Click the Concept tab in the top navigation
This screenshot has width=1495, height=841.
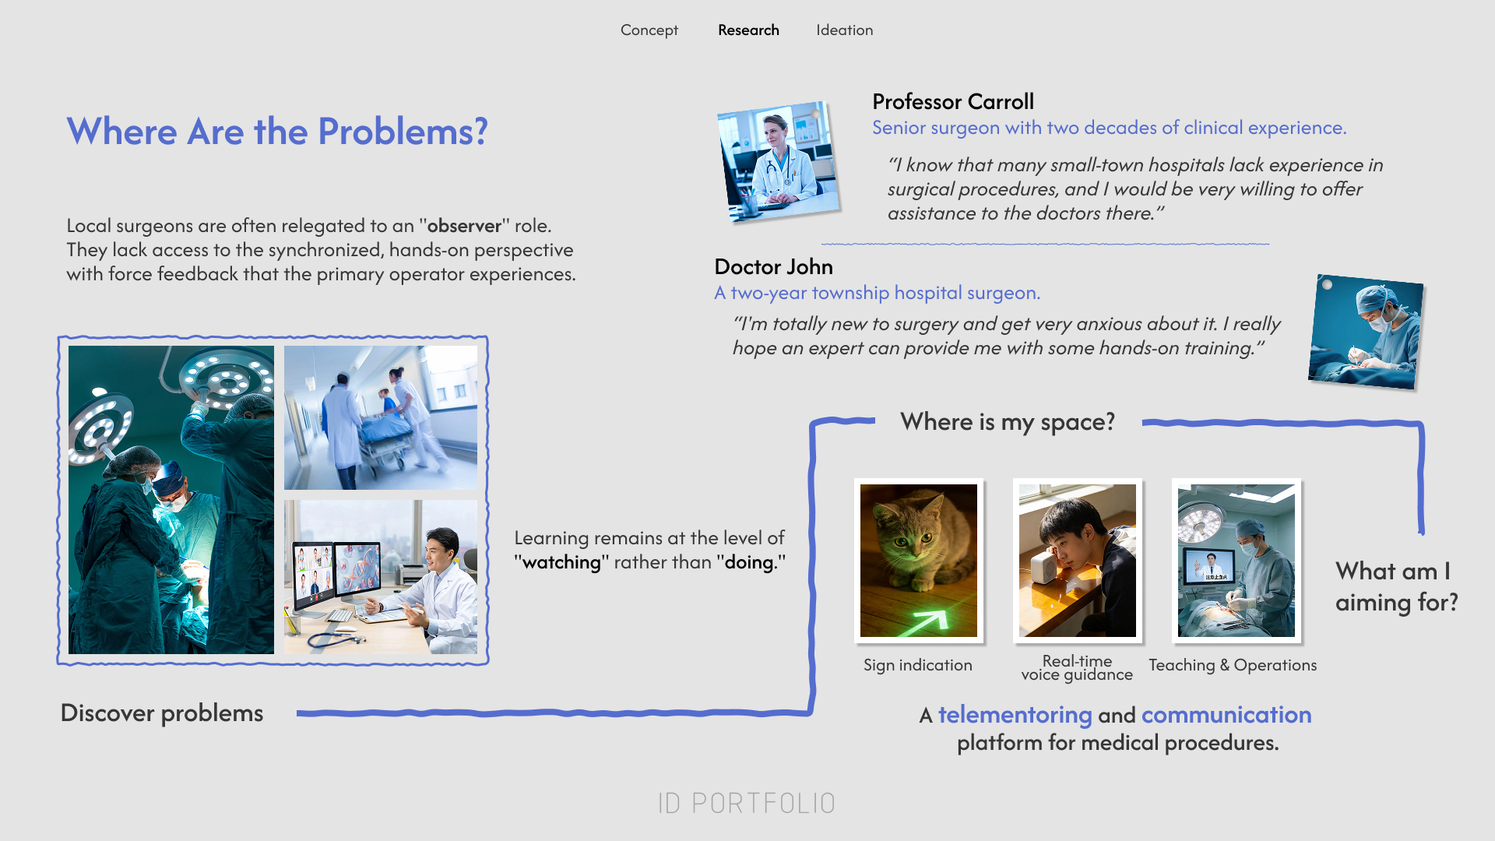(649, 30)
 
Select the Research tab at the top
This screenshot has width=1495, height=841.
(748, 30)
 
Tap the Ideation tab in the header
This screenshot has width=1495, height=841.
(845, 30)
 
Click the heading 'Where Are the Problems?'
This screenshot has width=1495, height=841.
(277, 132)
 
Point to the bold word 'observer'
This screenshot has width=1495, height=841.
(464, 226)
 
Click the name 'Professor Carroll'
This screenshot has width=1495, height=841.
(953, 102)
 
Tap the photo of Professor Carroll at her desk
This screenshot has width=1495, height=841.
(779, 162)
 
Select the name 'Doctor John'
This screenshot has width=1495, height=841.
(773, 267)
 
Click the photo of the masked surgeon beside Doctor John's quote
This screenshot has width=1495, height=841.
(1366, 332)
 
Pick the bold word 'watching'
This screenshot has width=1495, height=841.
(561, 562)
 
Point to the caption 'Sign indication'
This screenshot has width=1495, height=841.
(918, 665)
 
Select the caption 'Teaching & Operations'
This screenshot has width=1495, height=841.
(1233, 665)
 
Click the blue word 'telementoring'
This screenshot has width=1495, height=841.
(1015, 715)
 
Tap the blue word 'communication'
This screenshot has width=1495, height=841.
(1226, 715)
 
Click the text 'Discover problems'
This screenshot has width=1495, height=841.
(162, 713)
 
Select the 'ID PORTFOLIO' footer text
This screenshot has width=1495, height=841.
(747, 804)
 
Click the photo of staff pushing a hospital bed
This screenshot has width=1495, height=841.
(381, 417)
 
